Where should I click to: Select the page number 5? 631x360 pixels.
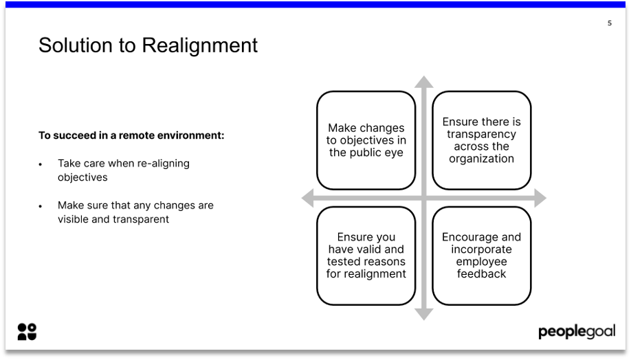[x=609, y=23]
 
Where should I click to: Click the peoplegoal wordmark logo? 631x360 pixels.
[x=577, y=333]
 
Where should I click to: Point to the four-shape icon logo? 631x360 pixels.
[x=27, y=332]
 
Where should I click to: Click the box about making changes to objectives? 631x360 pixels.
[x=366, y=140]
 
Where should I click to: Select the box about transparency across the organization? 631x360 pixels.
[x=481, y=140]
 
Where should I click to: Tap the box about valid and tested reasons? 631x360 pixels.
[x=366, y=256]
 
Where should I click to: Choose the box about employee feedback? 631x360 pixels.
[x=481, y=256]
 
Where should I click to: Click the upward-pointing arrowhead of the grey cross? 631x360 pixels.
[x=424, y=82]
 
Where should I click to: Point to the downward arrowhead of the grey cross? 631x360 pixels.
[x=424, y=314]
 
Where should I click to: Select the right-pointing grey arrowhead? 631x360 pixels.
[x=540, y=199]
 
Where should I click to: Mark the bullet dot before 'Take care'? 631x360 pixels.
[x=41, y=164]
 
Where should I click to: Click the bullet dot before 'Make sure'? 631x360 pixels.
[x=41, y=206]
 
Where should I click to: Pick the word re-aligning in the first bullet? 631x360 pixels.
[x=163, y=164]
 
